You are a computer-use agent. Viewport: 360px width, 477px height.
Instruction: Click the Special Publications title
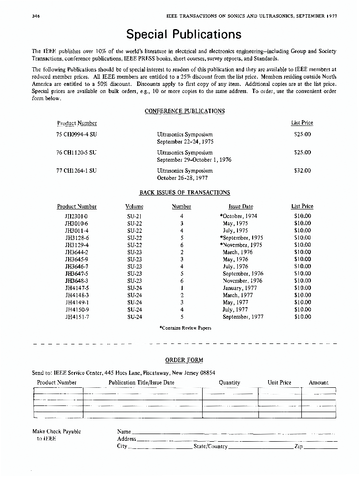click(184, 34)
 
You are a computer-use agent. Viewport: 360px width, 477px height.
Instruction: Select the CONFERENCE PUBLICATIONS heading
click(185, 111)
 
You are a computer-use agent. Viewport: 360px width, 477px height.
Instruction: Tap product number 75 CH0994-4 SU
click(76, 135)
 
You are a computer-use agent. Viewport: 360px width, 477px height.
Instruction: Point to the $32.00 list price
click(302, 170)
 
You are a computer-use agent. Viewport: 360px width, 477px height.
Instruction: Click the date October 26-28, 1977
click(185, 178)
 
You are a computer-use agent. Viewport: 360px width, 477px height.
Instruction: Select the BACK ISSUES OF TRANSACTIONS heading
click(185, 193)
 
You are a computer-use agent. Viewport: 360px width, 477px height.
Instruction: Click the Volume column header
click(134, 207)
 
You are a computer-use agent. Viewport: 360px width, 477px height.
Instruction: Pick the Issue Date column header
click(241, 207)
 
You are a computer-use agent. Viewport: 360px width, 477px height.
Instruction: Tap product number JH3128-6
click(77, 238)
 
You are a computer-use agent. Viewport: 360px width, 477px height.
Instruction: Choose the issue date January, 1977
click(240, 288)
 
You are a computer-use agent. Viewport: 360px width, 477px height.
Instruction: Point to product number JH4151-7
click(77, 317)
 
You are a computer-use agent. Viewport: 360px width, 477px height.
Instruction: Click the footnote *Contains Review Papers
click(185, 328)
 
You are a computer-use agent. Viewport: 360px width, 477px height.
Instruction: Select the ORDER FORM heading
click(184, 360)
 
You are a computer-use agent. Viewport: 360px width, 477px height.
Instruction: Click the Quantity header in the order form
click(229, 383)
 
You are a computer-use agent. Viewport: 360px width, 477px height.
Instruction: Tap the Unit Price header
click(279, 383)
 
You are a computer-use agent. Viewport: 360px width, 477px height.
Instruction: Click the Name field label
click(124, 432)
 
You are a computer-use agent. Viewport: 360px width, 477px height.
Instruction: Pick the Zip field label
click(299, 446)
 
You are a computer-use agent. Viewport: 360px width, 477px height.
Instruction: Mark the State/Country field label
click(210, 446)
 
